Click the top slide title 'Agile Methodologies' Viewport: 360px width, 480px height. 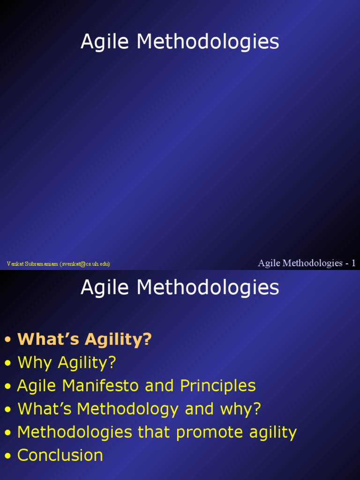pos(180,42)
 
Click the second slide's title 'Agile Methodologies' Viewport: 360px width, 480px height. pos(180,287)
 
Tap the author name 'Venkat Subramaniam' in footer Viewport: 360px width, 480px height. pos(32,264)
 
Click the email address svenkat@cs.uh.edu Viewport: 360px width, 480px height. pos(85,264)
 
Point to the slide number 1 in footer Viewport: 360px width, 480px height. pos(353,263)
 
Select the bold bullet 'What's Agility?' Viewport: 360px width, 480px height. pos(85,339)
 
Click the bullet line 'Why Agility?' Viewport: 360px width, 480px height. pos(67,362)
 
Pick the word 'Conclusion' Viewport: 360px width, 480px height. pos(60,455)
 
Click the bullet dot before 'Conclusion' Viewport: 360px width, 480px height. pos(7,456)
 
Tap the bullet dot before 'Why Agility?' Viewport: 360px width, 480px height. pos(7,363)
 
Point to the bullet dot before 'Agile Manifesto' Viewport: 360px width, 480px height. pos(7,386)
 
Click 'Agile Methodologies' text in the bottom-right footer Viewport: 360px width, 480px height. pos(300,263)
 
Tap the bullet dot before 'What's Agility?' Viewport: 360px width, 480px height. pos(7,340)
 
